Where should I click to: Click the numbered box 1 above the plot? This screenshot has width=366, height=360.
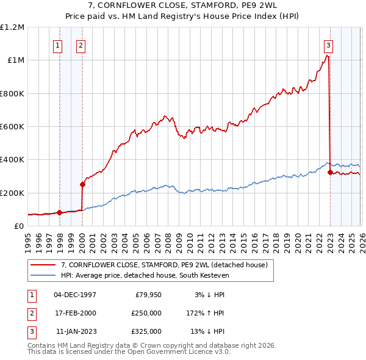57,45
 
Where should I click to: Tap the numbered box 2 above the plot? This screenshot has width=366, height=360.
81,45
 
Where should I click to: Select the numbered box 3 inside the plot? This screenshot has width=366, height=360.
328,45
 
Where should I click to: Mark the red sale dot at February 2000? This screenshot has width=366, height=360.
82,184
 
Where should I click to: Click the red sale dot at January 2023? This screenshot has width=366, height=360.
330,172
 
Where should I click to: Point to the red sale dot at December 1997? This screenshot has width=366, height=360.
59,213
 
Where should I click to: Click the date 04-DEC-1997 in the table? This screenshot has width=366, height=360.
75,295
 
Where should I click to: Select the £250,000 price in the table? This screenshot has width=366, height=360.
146,313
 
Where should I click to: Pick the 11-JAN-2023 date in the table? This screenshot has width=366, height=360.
76,331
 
